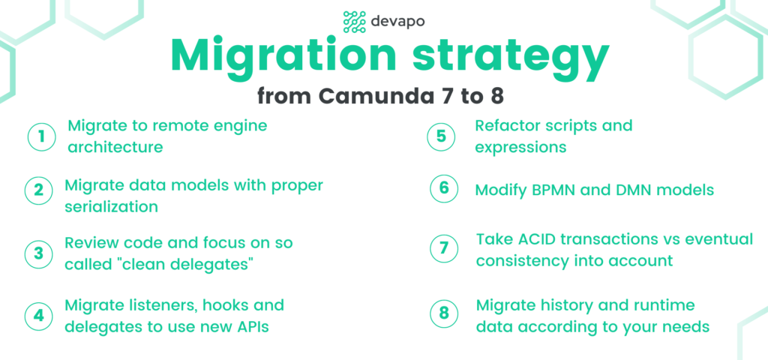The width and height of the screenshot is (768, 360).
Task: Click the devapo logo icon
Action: click(x=355, y=22)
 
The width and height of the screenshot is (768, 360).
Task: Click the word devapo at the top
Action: click(x=397, y=22)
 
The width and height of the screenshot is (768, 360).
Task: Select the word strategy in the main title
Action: click(x=509, y=58)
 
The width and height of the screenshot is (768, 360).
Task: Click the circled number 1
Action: click(x=42, y=136)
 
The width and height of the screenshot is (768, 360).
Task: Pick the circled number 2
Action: click(x=39, y=190)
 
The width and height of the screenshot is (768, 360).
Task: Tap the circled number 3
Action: click(x=39, y=253)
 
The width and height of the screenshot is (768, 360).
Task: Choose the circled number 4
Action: click(x=39, y=315)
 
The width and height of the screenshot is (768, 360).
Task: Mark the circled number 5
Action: click(x=441, y=136)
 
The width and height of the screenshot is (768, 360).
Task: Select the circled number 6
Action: click(x=444, y=189)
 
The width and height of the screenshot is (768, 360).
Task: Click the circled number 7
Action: click(x=444, y=249)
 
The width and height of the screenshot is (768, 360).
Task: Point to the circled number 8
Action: click(x=444, y=313)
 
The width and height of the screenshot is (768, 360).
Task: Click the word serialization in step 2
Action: click(x=112, y=207)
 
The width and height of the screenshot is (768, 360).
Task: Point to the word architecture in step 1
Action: click(x=115, y=147)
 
